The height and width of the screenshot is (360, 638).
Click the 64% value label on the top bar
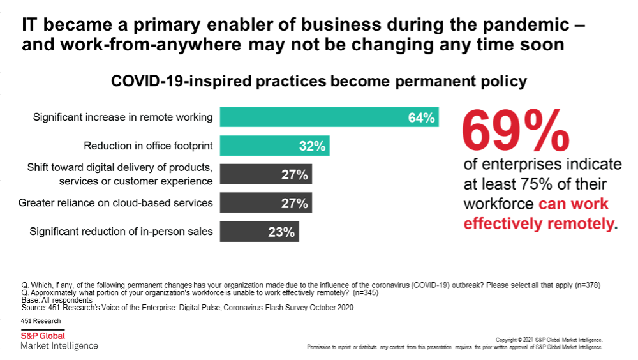click(x=421, y=117)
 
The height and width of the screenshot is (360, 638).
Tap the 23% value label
click(x=281, y=232)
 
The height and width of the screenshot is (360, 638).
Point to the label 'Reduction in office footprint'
click(x=148, y=146)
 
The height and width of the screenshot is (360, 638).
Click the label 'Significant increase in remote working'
click(x=122, y=117)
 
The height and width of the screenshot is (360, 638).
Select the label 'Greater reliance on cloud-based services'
click(x=115, y=203)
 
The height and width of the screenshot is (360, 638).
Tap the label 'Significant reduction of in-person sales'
click(x=121, y=232)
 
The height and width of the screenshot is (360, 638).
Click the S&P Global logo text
click(x=43, y=336)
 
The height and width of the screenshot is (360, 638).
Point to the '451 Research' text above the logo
click(x=41, y=321)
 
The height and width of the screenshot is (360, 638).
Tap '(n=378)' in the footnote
click(x=585, y=285)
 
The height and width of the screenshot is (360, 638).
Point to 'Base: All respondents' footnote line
click(x=57, y=300)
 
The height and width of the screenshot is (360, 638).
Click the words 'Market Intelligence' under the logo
click(x=59, y=346)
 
